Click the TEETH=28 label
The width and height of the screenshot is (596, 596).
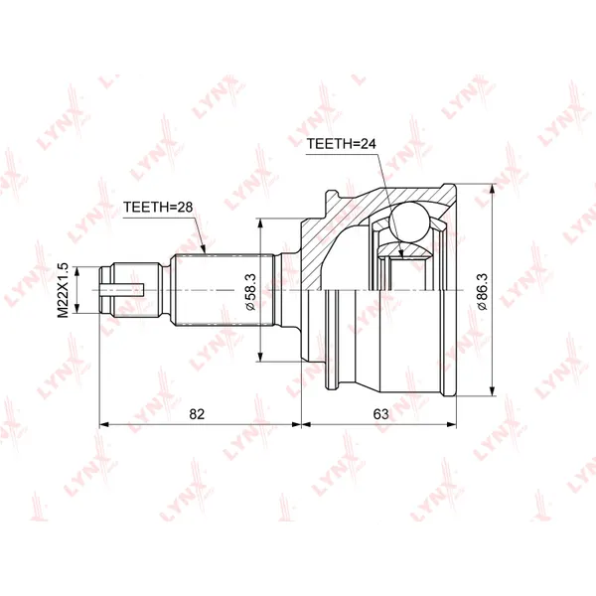pos(158,208)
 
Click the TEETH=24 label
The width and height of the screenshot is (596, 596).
pos(341,144)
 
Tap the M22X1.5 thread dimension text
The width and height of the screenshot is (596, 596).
pos(63,290)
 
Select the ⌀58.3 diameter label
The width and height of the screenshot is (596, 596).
pos(250,292)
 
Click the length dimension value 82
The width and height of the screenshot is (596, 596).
pos(197,414)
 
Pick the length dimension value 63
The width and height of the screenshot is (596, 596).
pos(380,414)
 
